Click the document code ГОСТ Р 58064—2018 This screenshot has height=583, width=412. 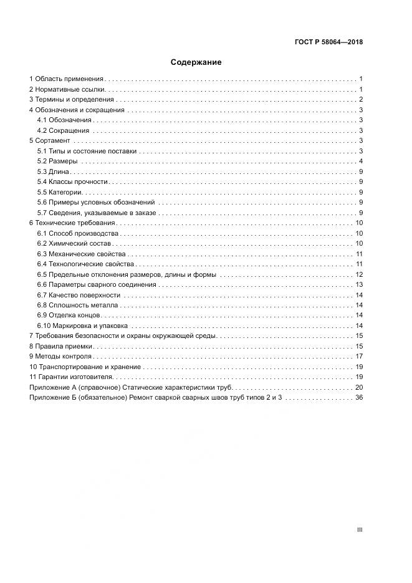(x=328, y=42)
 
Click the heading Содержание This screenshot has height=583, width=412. (x=196, y=62)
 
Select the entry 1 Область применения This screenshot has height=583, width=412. (x=67, y=79)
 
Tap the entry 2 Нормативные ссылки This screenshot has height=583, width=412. (x=68, y=89)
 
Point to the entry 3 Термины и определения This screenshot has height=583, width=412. (x=72, y=100)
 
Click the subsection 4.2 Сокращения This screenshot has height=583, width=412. (x=63, y=130)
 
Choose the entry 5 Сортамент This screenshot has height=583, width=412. (x=50, y=141)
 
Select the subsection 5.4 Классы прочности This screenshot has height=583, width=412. (x=72, y=182)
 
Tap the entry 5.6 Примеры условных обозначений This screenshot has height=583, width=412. (x=95, y=202)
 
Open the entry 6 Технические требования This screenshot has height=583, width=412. (x=73, y=223)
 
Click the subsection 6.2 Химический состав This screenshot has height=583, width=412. (x=74, y=243)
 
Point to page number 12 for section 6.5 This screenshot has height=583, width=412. (x=359, y=274)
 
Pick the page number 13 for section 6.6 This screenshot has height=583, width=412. (x=359, y=284)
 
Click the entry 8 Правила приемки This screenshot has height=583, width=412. (x=61, y=346)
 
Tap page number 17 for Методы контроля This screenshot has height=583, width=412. (x=359, y=356)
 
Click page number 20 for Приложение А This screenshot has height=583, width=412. (x=359, y=387)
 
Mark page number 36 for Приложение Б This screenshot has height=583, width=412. (x=359, y=397)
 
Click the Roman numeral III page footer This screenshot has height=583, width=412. (x=360, y=530)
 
